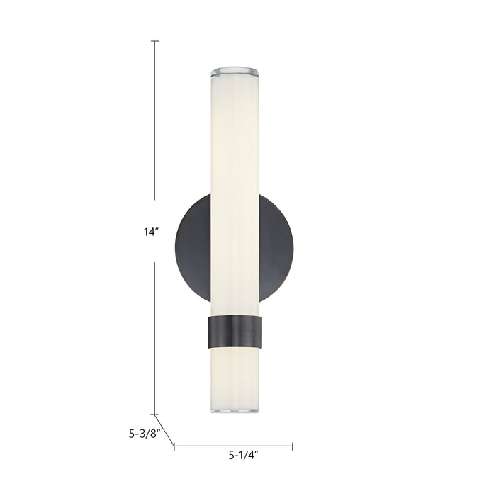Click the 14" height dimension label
point(151,232)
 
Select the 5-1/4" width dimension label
point(242,456)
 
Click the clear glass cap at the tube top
point(235,72)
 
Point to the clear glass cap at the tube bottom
point(235,410)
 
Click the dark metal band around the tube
point(235,332)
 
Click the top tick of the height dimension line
point(155,41)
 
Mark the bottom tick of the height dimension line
point(155,415)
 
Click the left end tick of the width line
point(174,446)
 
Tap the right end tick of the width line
point(292,446)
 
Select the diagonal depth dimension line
point(164,430)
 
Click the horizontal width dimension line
point(233,446)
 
